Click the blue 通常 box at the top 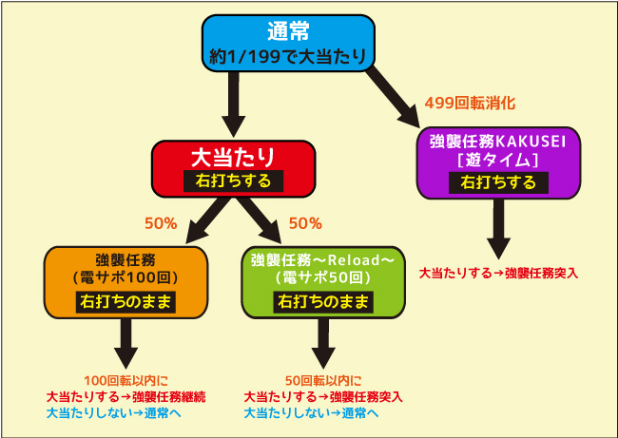(x=288, y=44)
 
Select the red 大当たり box (x=233, y=168)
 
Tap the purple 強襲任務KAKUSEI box (x=498, y=162)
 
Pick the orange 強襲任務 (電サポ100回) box (x=126, y=282)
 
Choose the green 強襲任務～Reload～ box (x=323, y=282)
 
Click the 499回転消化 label (x=470, y=104)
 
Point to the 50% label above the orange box (x=161, y=223)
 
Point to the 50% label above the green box (x=305, y=223)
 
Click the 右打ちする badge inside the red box (x=233, y=181)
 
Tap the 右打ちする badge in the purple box (x=498, y=182)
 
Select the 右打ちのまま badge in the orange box (x=126, y=302)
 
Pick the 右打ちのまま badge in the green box (x=323, y=302)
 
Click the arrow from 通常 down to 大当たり (x=233, y=105)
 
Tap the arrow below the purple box (x=498, y=229)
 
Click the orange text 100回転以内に (x=126, y=380)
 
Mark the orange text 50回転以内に (x=323, y=380)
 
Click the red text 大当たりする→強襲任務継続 (x=126, y=396)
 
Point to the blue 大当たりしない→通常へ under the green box (x=311, y=412)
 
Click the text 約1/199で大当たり (x=288, y=56)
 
